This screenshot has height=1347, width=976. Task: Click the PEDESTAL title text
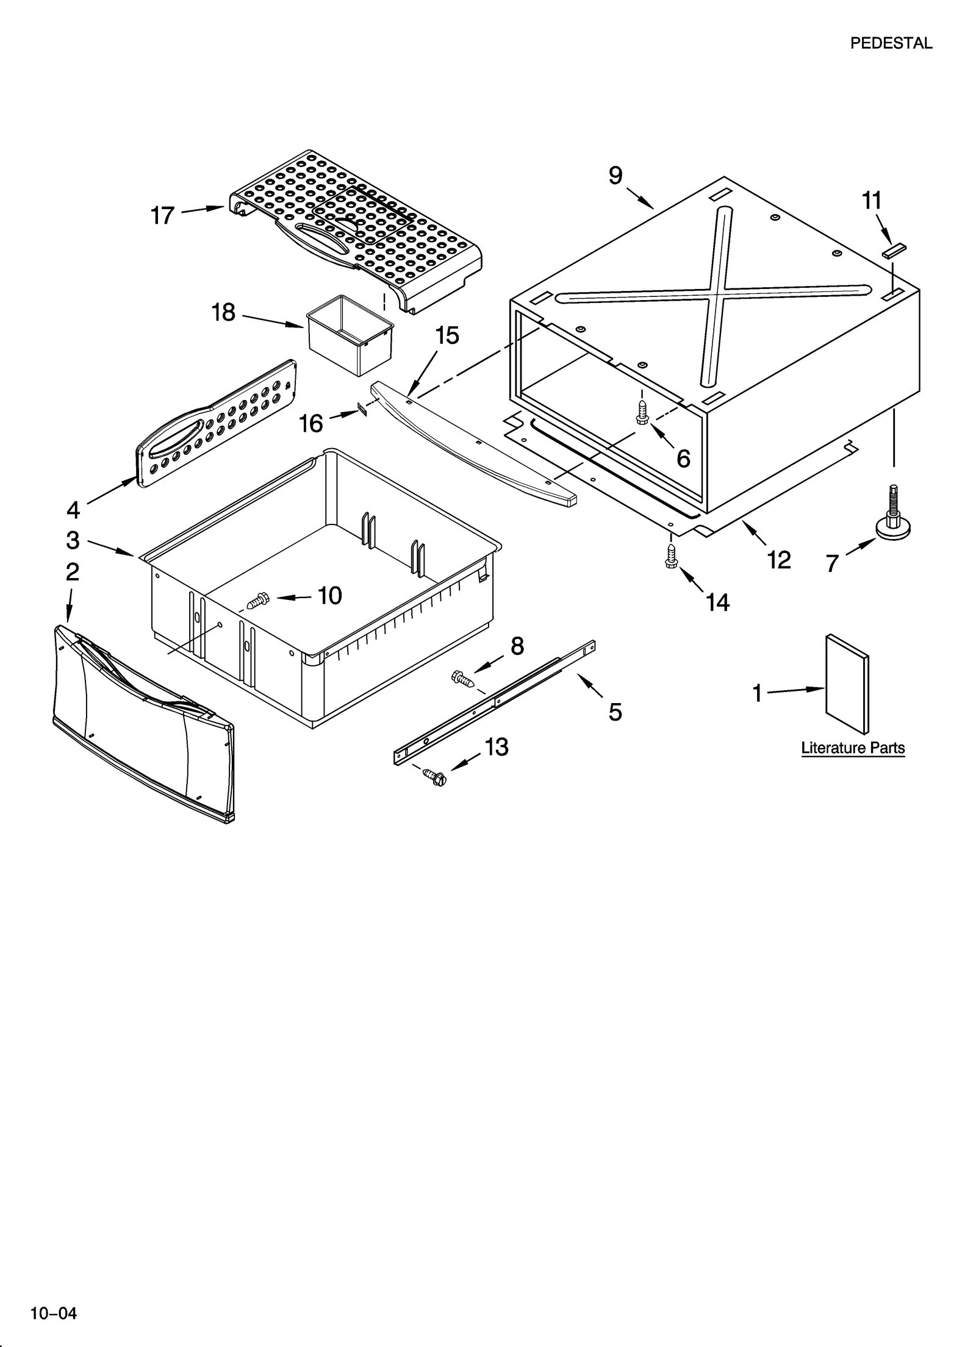coord(891,43)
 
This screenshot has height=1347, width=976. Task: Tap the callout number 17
coord(162,216)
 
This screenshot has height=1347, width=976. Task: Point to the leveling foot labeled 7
coord(893,516)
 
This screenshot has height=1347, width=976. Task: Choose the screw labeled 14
coord(672,556)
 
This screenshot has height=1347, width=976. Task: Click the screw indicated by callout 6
coord(641,412)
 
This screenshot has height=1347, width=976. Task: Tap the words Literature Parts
coord(852,748)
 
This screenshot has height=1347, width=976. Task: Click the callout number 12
coord(780,560)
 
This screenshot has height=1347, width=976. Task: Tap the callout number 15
coord(447,335)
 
